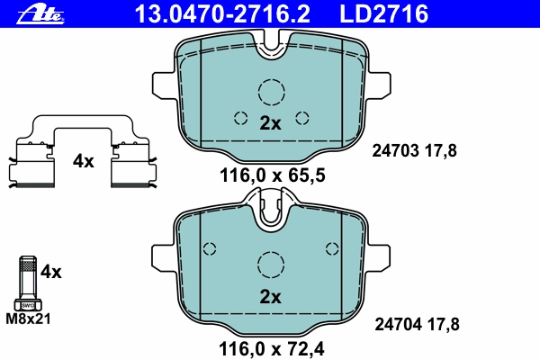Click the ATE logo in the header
[40, 15]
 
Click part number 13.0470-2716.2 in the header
[222, 13]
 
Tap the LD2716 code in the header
[384, 13]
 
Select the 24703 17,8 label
[414, 151]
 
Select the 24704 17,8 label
[417, 325]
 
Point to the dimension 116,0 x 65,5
[272, 175]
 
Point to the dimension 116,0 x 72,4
[272, 349]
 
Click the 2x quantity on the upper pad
[270, 123]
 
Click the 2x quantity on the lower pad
[270, 297]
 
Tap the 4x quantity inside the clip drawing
[83, 161]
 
